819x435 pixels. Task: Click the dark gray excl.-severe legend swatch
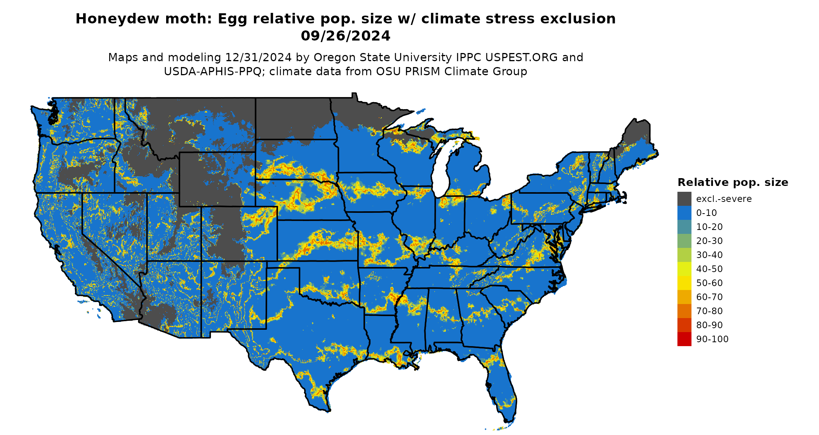(x=684, y=199)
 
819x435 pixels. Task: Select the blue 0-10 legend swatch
(x=684, y=213)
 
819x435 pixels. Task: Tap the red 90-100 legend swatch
(x=684, y=339)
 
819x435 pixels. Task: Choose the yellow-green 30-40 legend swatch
(x=684, y=255)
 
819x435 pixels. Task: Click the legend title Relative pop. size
(x=733, y=182)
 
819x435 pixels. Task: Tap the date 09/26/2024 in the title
(x=346, y=36)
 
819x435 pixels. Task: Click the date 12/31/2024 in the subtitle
(x=258, y=57)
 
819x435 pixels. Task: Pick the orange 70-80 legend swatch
(x=684, y=311)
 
